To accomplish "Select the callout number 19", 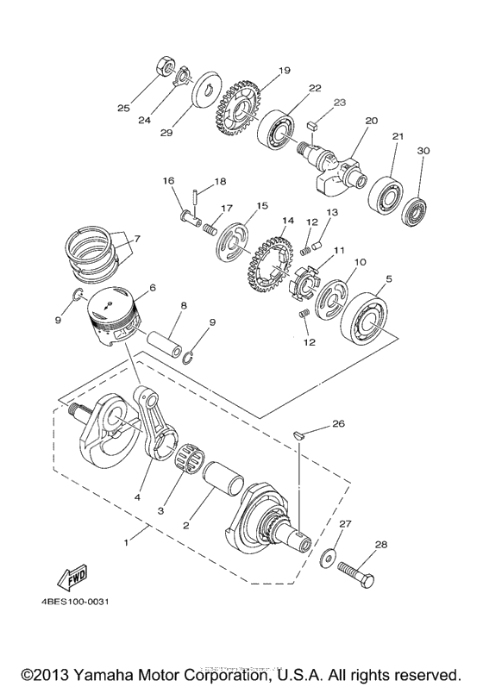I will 260,71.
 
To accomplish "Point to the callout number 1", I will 128,542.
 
